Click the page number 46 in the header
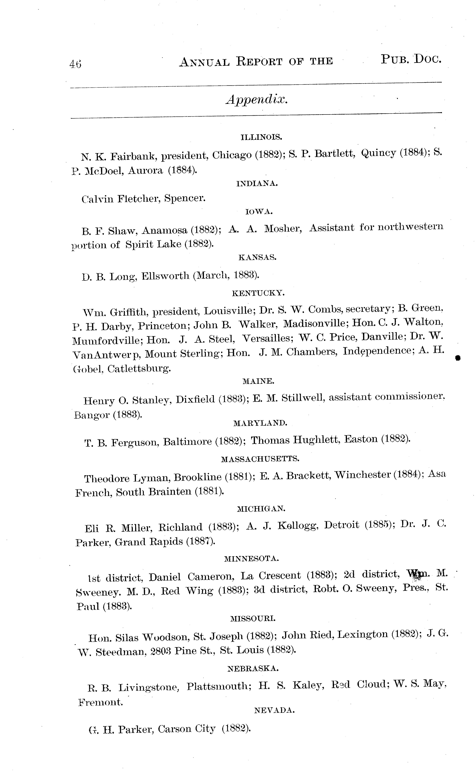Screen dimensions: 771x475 (75, 64)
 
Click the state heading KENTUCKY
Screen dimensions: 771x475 (258, 293)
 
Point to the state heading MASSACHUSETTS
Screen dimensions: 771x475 (260, 459)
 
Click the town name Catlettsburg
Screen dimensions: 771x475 (139, 369)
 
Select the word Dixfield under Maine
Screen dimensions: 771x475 (195, 399)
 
